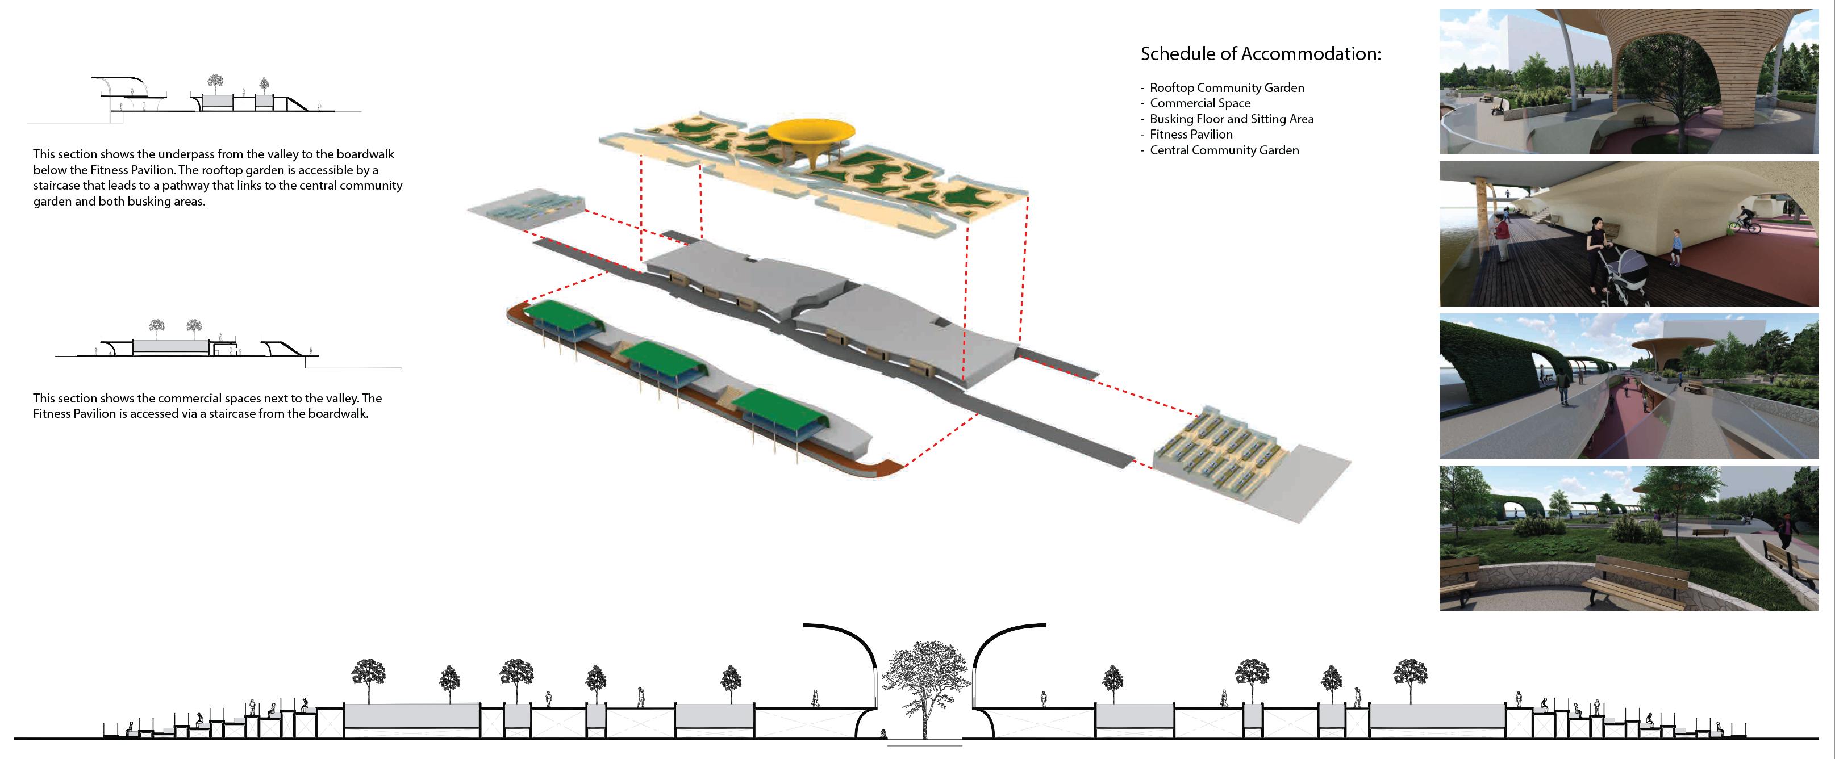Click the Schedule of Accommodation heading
coord(1260,54)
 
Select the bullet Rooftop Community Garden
coord(1227,87)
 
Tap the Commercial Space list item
coord(1200,103)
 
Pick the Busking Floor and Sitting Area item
coord(1232,119)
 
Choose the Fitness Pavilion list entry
coord(1191,135)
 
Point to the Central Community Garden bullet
coord(1224,150)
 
